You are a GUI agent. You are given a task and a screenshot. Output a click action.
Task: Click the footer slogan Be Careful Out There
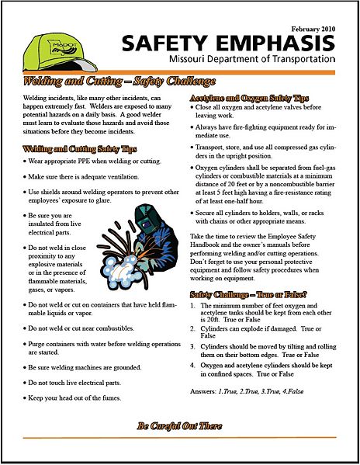179,426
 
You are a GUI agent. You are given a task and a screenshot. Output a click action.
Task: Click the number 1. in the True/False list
194,306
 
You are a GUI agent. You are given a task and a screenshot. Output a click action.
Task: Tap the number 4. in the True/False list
194,365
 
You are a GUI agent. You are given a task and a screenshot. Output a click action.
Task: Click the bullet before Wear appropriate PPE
27,161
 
